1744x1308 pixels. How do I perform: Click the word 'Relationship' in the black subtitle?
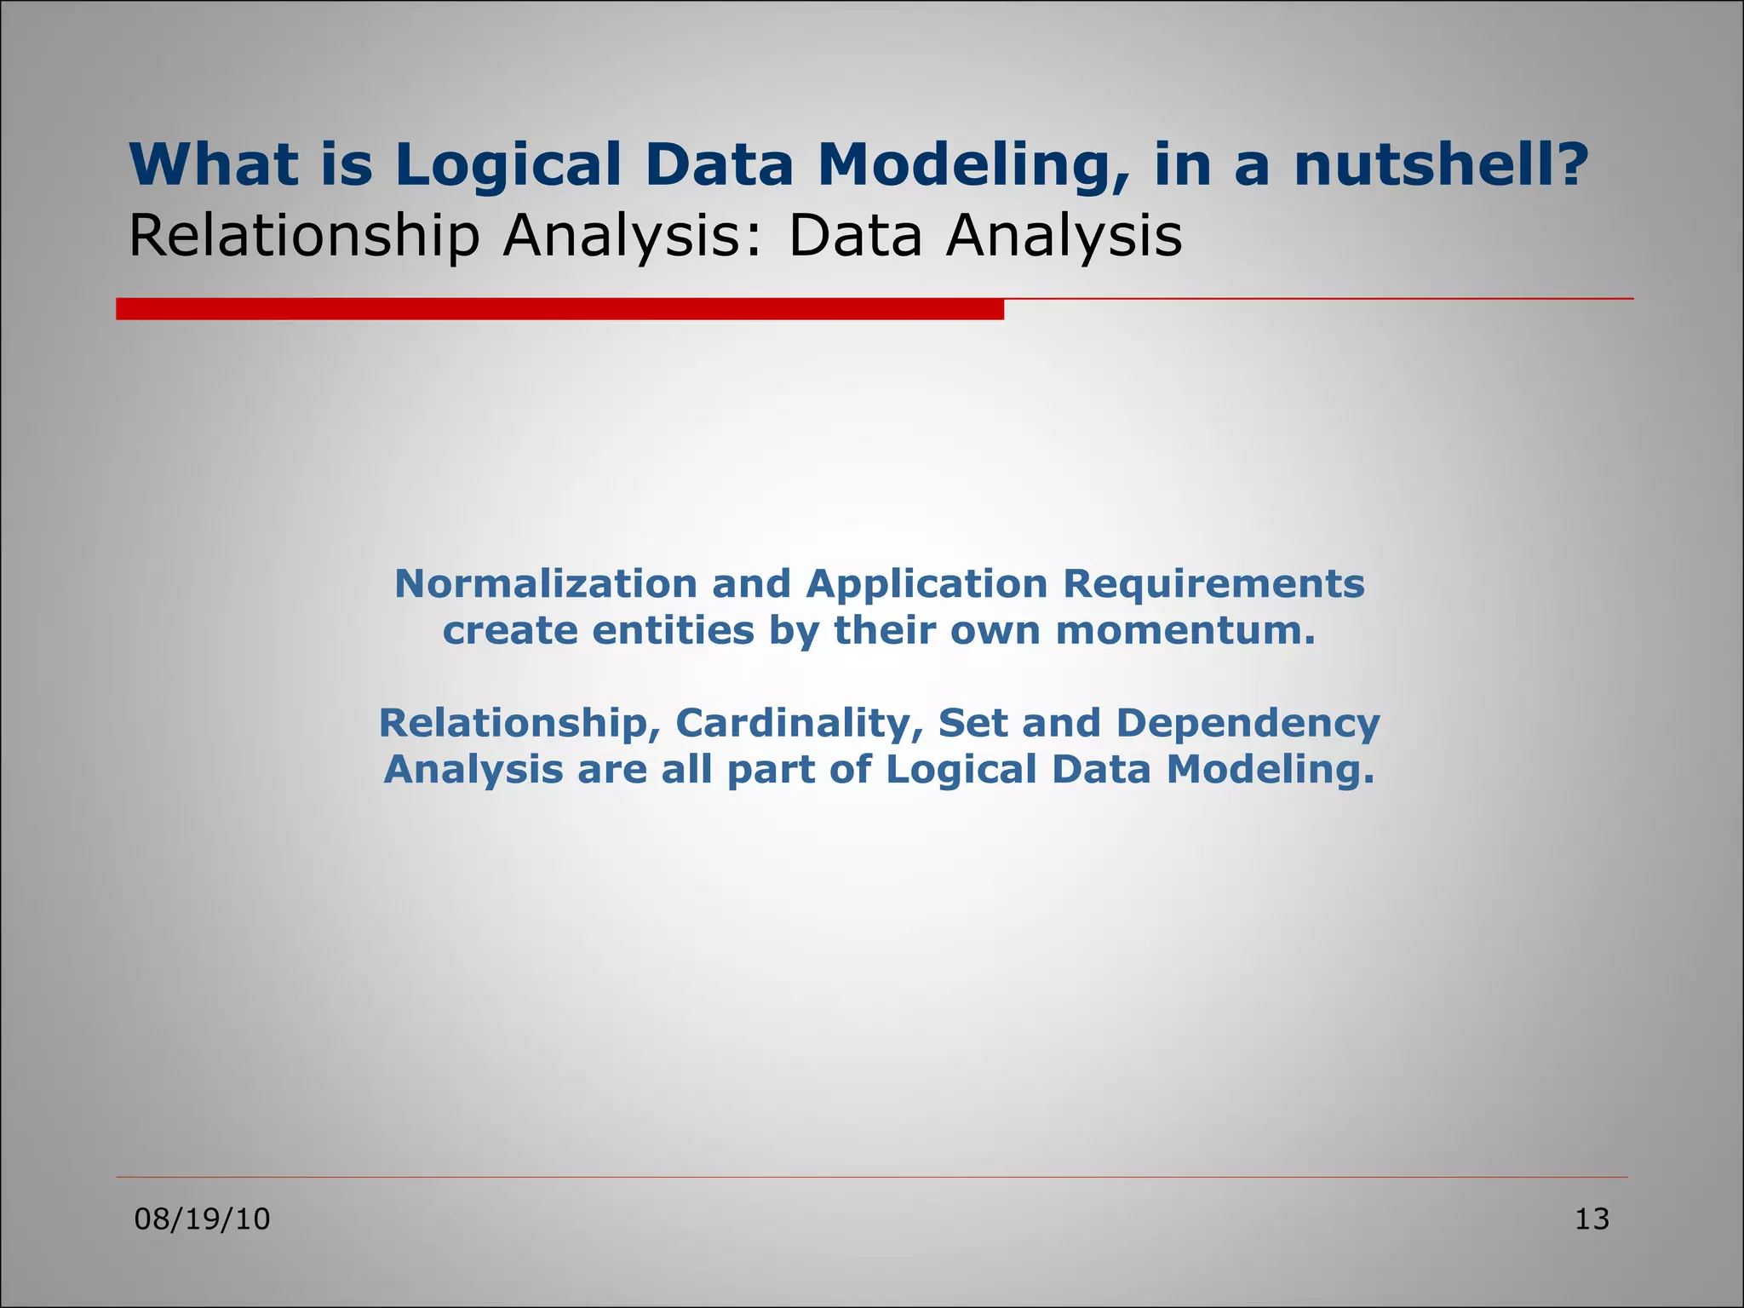(x=304, y=236)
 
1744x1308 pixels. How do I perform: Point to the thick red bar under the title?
(x=559, y=309)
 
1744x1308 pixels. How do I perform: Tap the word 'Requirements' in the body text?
(x=1213, y=584)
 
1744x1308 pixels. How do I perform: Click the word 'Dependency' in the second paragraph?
(x=1248, y=723)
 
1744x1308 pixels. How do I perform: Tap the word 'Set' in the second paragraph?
(x=972, y=723)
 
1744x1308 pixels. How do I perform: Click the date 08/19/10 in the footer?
(x=203, y=1219)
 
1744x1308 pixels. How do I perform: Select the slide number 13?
(x=1592, y=1219)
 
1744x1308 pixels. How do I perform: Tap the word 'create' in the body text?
(x=509, y=631)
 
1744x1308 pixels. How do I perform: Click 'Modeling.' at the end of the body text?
(x=1270, y=770)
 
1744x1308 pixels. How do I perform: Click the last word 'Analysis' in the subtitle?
(x=1064, y=236)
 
